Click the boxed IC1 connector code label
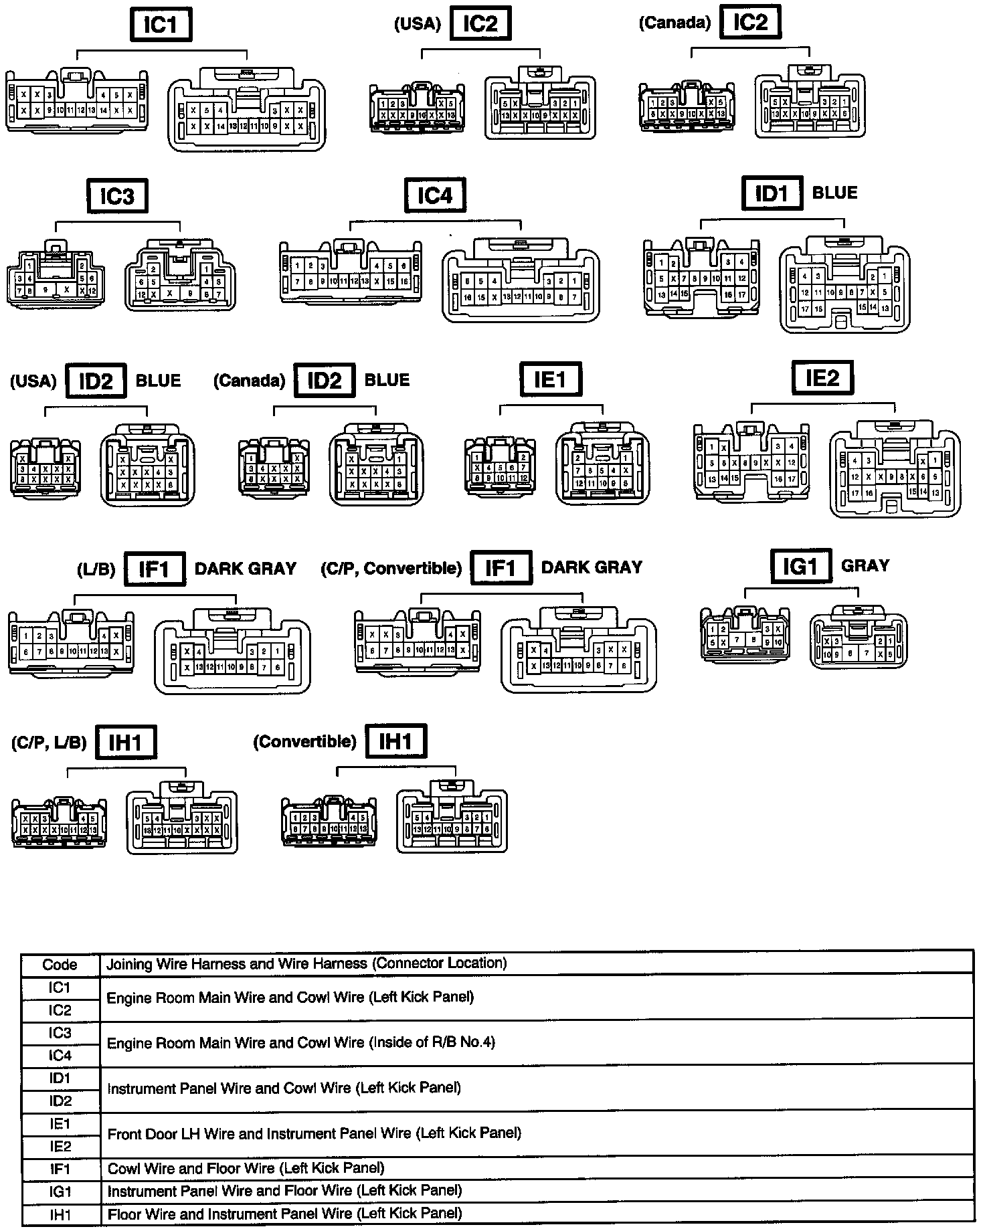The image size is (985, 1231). pyautogui.click(x=160, y=25)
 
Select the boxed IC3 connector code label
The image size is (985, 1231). pyautogui.click(x=117, y=197)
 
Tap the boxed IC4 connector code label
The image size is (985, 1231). pyautogui.click(x=435, y=195)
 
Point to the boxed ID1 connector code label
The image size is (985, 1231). pyautogui.click(x=772, y=194)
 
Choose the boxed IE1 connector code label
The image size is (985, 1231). pyautogui.click(x=550, y=380)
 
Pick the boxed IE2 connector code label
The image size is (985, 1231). pyautogui.click(x=822, y=378)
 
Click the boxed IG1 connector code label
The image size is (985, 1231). pyautogui.click(x=800, y=567)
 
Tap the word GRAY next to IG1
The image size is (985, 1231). pyautogui.click(x=865, y=566)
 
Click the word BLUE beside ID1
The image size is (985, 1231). pyautogui.click(x=834, y=193)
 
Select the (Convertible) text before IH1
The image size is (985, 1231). pyautogui.click(x=304, y=742)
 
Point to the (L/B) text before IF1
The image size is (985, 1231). pyautogui.click(x=96, y=569)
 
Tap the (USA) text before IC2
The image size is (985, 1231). pyautogui.click(x=417, y=25)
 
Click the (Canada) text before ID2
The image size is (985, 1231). pyautogui.click(x=249, y=381)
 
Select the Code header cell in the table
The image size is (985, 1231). pyautogui.click(x=60, y=964)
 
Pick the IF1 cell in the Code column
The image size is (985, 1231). pyautogui.click(x=60, y=1169)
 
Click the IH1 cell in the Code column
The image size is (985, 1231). pyautogui.click(x=60, y=1214)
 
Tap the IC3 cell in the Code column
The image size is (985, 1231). pyautogui.click(x=60, y=1033)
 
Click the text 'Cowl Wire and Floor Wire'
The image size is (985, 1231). pyautogui.click(x=191, y=1168)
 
